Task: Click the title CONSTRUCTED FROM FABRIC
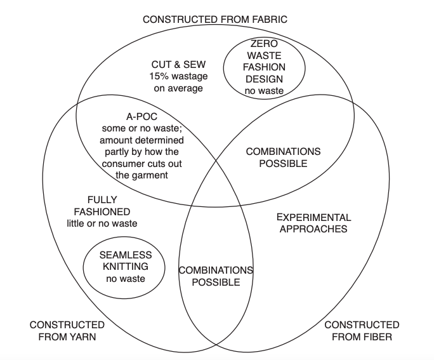pyautogui.click(x=214, y=19)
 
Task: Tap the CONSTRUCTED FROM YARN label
pyautogui.click(x=67, y=331)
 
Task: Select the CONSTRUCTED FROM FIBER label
pyautogui.click(x=362, y=331)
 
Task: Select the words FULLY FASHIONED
pyautogui.click(x=102, y=205)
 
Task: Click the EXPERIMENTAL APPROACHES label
pyautogui.click(x=313, y=223)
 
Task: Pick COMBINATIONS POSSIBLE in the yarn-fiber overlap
pyautogui.click(x=216, y=276)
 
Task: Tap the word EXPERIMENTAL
pyautogui.click(x=313, y=217)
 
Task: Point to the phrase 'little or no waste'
pyautogui.click(x=102, y=223)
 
